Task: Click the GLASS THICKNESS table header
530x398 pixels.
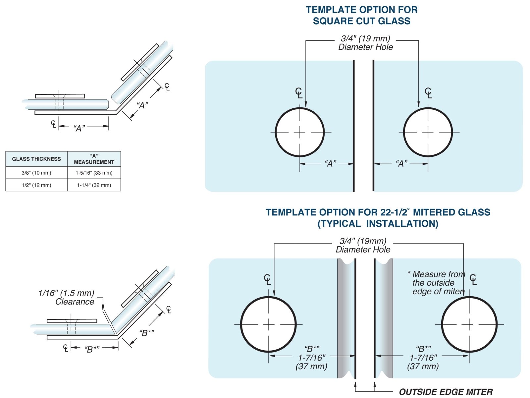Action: tap(36, 159)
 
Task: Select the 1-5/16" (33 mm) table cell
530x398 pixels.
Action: tap(94, 173)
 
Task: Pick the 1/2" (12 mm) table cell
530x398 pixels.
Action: tap(36, 185)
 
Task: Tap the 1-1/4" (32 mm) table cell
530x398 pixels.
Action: tap(94, 185)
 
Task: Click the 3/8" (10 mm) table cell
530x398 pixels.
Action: tap(36, 173)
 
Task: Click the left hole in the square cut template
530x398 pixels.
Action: tap(300, 132)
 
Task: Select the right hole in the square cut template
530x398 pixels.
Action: tap(428, 132)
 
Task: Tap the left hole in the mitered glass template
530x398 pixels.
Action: tap(268, 324)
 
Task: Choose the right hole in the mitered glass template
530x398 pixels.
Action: tap(469, 324)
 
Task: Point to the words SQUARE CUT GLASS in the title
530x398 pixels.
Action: tap(361, 21)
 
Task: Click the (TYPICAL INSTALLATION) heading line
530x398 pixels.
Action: tap(378, 224)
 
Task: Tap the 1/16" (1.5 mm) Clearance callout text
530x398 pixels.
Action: tap(67, 297)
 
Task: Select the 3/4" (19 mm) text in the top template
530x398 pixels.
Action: tap(365, 38)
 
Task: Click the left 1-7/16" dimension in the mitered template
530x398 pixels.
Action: tap(312, 358)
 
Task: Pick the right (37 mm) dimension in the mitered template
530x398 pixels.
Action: tap(423, 367)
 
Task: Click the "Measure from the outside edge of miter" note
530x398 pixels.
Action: tap(437, 283)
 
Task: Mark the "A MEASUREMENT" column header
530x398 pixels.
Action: tap(94, 159)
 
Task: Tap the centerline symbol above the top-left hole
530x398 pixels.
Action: tap(299, 93)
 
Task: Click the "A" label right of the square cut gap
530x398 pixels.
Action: tap(401, 164)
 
